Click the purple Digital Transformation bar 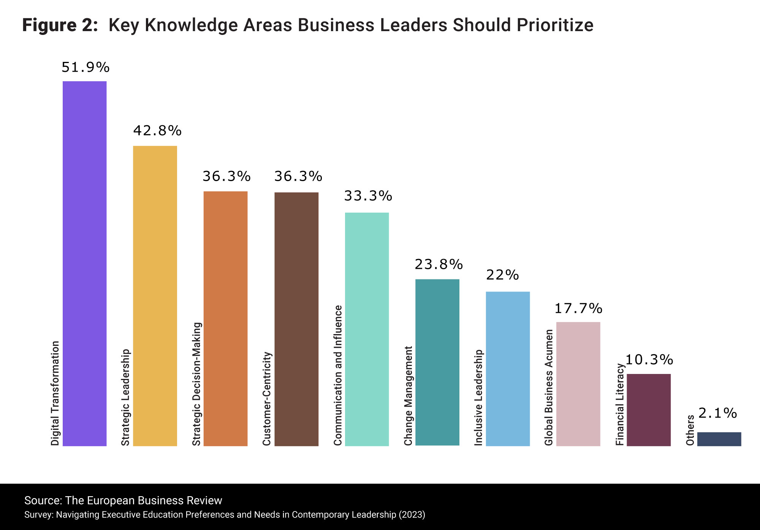pyautogui.click(x=84, y=263)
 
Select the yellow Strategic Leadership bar pyautogui.click(x=155, y=296)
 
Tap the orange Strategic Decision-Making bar pyautogui.click(x=225, y=319)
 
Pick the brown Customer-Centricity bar pyautogui.click(x=296, y=319)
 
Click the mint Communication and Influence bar pyautogui.click(x=367, y=329)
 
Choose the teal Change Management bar pyautogui.click(x=437, y=362)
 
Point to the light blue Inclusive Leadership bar pyautogui.click(x=508, y=369)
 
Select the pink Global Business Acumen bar pyautogui.click(x=578, y=384)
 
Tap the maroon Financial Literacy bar pyautogui.click(x=649, y=410)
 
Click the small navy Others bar pyautogui.click(x=719, y=439)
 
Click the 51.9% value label pyautogui.click(x=85, y=68)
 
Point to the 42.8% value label pyautogui.click(x=157, y=131)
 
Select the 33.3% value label pyautogui.click(x=368, y=196)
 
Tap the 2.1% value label pyautogui.click(x=717, y=413)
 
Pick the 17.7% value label pyautogui.click(x=578, y=309)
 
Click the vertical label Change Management pyautogui.click(x=408, y=396)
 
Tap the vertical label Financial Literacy pyautogui.click(x=620, y=404)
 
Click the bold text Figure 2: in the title pyautogui.click(x=60, y=25)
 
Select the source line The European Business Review pyautogui.click(x=123, y=500)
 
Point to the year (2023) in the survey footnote pyautogui.click(x=412, y=515)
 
